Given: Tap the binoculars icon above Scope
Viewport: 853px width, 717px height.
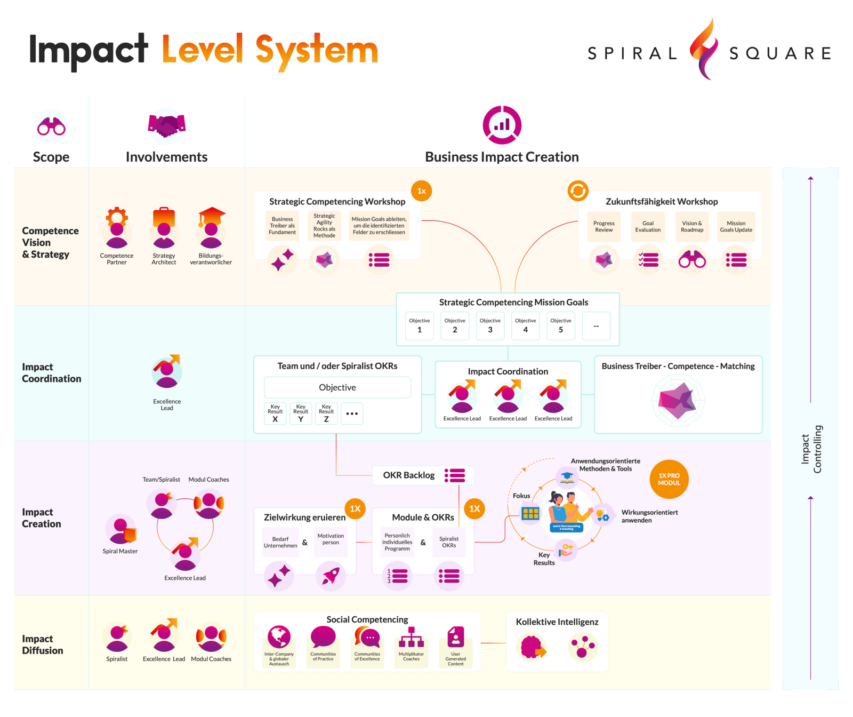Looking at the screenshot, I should click(51, 127).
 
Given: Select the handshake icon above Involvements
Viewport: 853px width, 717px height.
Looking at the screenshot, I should click(166, 125).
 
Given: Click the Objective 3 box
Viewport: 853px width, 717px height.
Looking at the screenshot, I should click(490, 326).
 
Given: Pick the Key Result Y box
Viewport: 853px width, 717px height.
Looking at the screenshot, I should click(301, 413).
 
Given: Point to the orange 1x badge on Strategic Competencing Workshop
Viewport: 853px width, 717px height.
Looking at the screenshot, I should click(421, 191).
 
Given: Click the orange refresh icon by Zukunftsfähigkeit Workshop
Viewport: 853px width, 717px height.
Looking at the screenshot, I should click(577, 190).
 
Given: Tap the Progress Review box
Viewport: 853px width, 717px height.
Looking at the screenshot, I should click(603, 227).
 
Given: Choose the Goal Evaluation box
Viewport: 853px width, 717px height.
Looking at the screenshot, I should click(648, 227).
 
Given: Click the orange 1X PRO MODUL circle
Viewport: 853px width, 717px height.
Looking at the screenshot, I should click(669, 479).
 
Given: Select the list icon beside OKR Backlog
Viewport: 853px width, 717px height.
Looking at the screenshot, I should click(455, 475).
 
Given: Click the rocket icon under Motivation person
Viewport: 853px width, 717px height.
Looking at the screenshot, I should click(331, 576).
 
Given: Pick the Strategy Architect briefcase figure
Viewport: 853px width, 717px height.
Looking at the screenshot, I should click(164, 228).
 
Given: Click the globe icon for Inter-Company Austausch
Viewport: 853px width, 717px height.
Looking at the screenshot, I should click(279, 636).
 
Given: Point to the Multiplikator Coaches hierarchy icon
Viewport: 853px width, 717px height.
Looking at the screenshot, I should click(411, 637).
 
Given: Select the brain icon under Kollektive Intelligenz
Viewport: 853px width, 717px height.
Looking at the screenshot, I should click(532, 647).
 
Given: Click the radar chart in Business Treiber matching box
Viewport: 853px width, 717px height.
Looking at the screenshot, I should click(678, 400).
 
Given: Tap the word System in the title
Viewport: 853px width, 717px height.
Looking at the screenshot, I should click(317, 51).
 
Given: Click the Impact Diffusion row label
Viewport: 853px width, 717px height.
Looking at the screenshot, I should click(43, 644).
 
